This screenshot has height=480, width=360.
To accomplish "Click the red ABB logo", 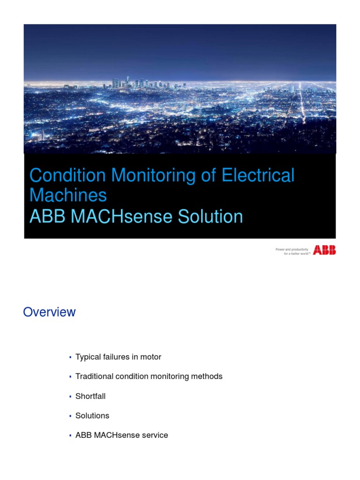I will pos(324,250).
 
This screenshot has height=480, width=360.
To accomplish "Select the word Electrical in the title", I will pos(258,176).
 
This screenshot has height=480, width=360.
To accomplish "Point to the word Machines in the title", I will pos(68,195).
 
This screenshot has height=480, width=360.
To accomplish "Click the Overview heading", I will pos(49,312).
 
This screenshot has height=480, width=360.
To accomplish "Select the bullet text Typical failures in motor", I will pos(118,357).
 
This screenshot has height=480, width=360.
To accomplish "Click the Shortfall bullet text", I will pos(90,396).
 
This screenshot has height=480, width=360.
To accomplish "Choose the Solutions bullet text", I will pos(92,416).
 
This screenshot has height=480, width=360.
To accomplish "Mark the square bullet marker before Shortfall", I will pos(70,397).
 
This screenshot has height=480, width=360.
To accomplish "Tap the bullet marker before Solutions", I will pos(70,416).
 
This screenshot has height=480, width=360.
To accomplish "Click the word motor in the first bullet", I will pos(151,357).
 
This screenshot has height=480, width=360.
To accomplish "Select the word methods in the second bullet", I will pos(209,376).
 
